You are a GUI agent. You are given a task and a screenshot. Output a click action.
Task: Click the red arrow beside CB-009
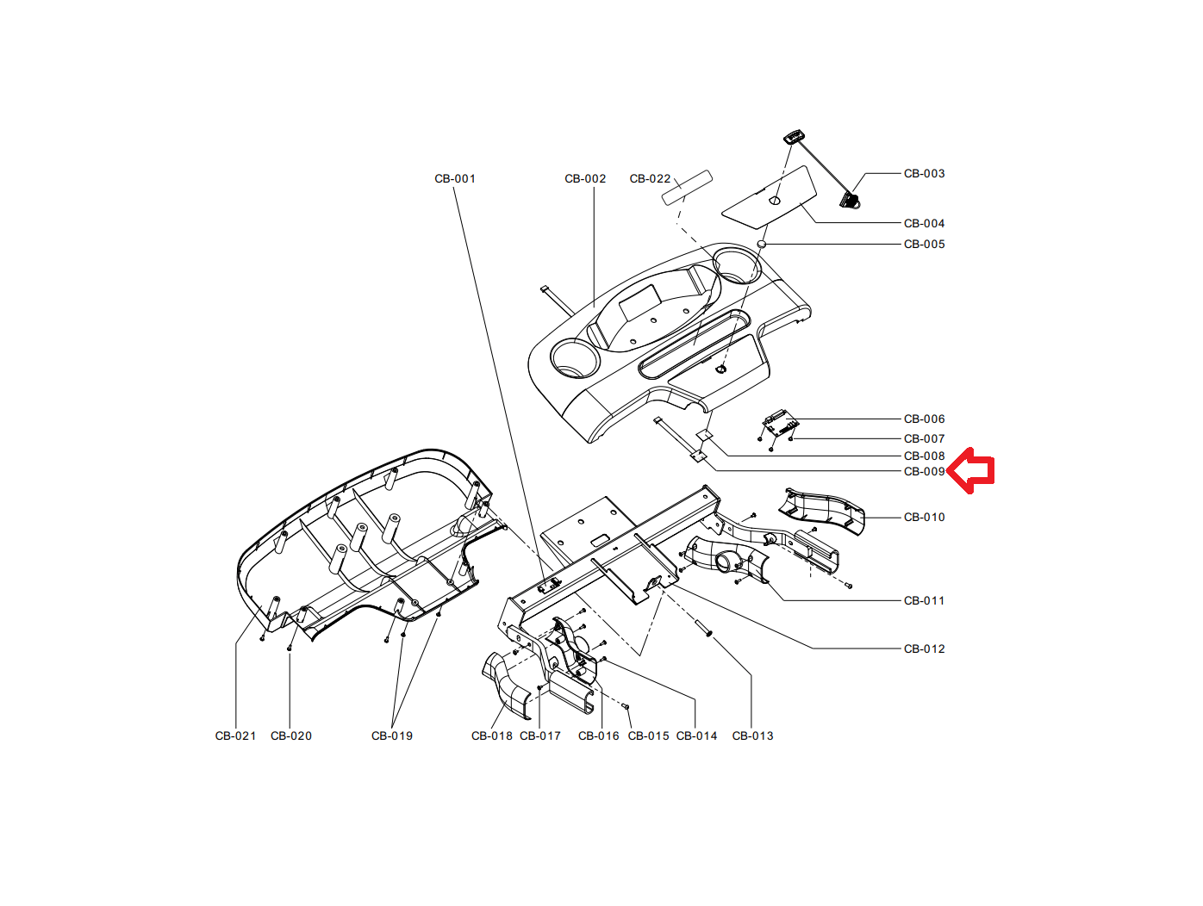[x=973, y=470]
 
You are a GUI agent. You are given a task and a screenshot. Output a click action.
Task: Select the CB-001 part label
[x=454, y=179]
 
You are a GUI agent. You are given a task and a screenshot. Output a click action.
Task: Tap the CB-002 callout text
[x=585, y=179]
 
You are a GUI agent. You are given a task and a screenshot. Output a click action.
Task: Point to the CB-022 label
[x=650, y=179]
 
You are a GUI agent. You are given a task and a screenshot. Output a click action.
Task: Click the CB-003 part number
[x=924, y=174]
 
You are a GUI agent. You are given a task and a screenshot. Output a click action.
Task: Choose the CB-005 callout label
[x=924, y=245]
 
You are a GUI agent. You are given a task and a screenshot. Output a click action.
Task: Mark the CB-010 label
[x=924, y=518]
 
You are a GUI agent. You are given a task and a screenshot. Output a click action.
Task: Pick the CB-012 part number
[x=924, y=649]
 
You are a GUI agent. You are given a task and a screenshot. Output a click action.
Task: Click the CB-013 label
[x=752, y=736]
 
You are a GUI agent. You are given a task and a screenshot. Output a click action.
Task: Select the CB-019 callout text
[x=391, y=736]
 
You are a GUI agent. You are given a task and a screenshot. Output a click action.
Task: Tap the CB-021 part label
[x=235, y=736]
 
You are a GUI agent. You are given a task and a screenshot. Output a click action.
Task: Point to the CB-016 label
[x=598, y=736]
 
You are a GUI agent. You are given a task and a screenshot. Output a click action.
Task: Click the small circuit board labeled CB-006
[x=780, y=423]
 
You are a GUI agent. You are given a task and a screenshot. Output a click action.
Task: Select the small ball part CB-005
[x=762, y=245]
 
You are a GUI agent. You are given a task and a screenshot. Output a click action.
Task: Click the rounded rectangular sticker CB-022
[x=687, y=187]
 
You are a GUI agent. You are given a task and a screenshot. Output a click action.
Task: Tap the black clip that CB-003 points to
[x=851, y=201]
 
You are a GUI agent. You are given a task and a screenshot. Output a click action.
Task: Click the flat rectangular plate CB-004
[x=769, y=197]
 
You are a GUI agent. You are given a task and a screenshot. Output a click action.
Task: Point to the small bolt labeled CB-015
[x=626, y=707]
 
